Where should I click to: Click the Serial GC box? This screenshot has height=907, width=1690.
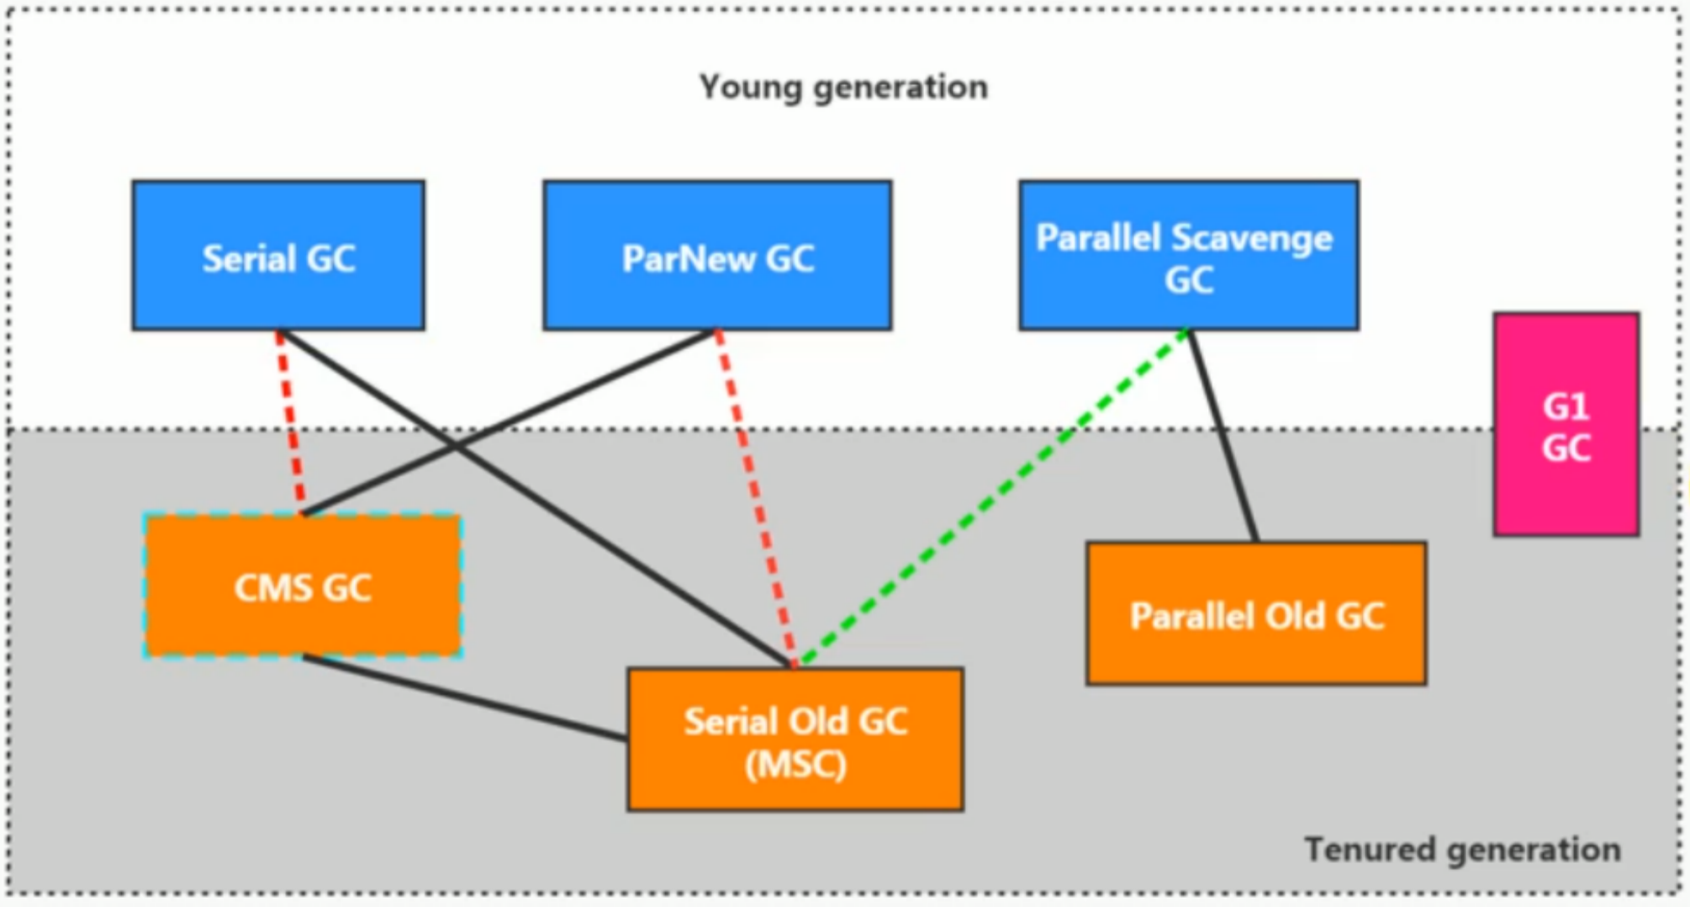(278, 255)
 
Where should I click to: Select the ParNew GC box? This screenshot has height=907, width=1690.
(717, 255)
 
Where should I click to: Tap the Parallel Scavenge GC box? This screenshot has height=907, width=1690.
(1188, 255)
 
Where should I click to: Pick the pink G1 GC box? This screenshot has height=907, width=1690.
(1566, 425)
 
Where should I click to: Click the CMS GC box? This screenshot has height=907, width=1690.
(303, 586)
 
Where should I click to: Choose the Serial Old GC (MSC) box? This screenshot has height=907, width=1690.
(795, 740)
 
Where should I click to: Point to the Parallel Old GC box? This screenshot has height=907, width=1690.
(1256, 614)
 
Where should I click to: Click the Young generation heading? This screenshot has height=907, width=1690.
(843, 87)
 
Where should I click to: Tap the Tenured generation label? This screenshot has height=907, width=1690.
(1462, 850)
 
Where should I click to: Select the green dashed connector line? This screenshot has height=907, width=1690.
(992, 496)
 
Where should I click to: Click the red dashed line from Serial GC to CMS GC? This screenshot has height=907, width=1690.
(291, 421)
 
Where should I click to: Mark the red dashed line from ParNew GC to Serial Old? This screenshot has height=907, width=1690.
(754, 496)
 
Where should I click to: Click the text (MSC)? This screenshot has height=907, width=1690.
(795, 765)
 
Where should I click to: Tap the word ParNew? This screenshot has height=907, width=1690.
(689, 258)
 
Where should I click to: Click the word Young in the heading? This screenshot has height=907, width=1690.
(750, 87)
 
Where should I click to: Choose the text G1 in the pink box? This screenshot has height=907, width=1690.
(1566, 407)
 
